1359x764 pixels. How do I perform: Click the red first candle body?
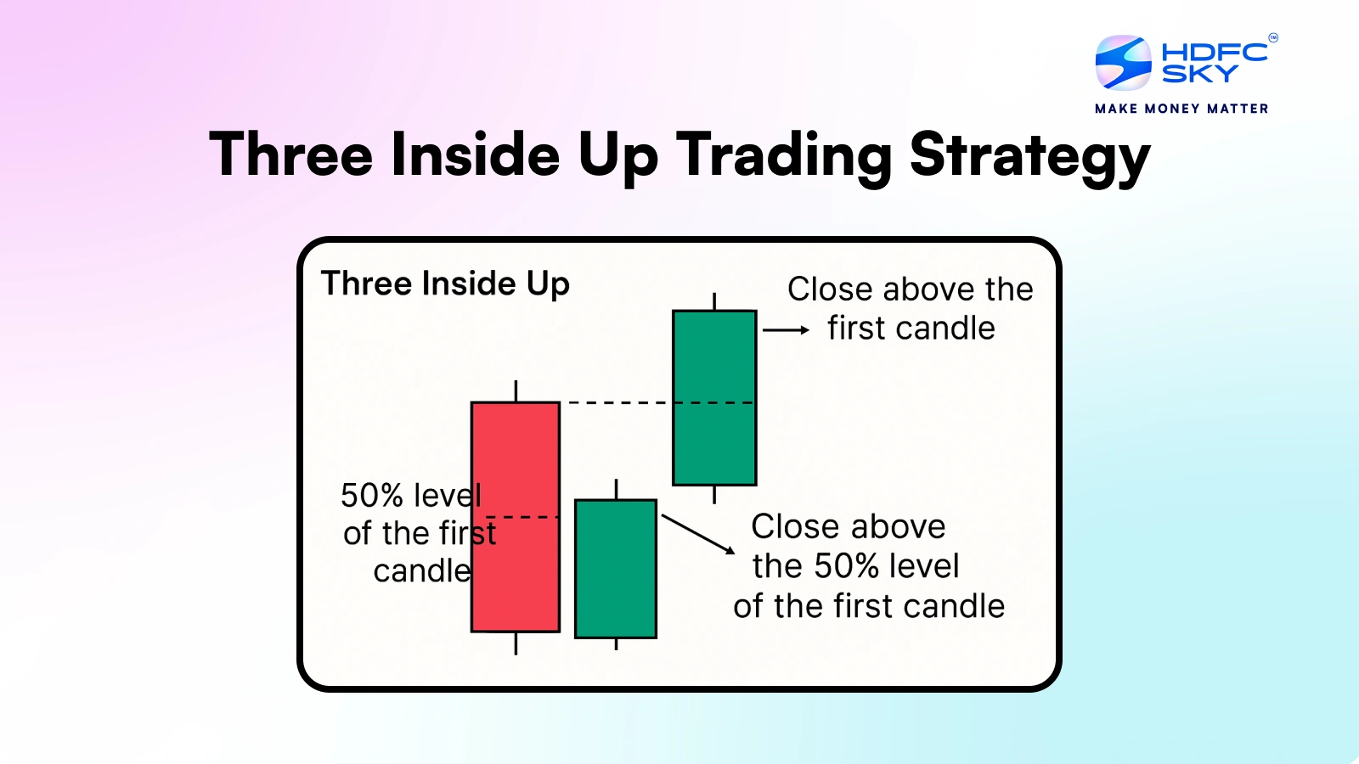516,517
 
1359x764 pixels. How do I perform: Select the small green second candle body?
616,569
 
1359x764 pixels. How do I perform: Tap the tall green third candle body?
714,398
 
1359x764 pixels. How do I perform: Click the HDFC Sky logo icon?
1123,63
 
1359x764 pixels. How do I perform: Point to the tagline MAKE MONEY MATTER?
1181,109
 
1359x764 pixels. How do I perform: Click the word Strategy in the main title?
1029,156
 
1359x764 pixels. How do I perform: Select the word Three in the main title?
290,154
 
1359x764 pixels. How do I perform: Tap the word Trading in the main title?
783,156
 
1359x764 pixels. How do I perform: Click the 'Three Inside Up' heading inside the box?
445,284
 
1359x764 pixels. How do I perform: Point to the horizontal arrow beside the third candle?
787,330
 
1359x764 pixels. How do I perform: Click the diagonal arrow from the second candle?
698,534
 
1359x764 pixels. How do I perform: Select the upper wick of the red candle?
516,390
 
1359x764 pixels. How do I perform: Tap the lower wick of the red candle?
516,644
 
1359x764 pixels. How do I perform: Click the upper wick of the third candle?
714,301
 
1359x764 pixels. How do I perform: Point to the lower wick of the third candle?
714,495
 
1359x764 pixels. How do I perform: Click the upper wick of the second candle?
617,489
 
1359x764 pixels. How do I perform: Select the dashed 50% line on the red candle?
522,517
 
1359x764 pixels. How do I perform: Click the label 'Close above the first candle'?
910,309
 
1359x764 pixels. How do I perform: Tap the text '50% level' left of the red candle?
411,496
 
